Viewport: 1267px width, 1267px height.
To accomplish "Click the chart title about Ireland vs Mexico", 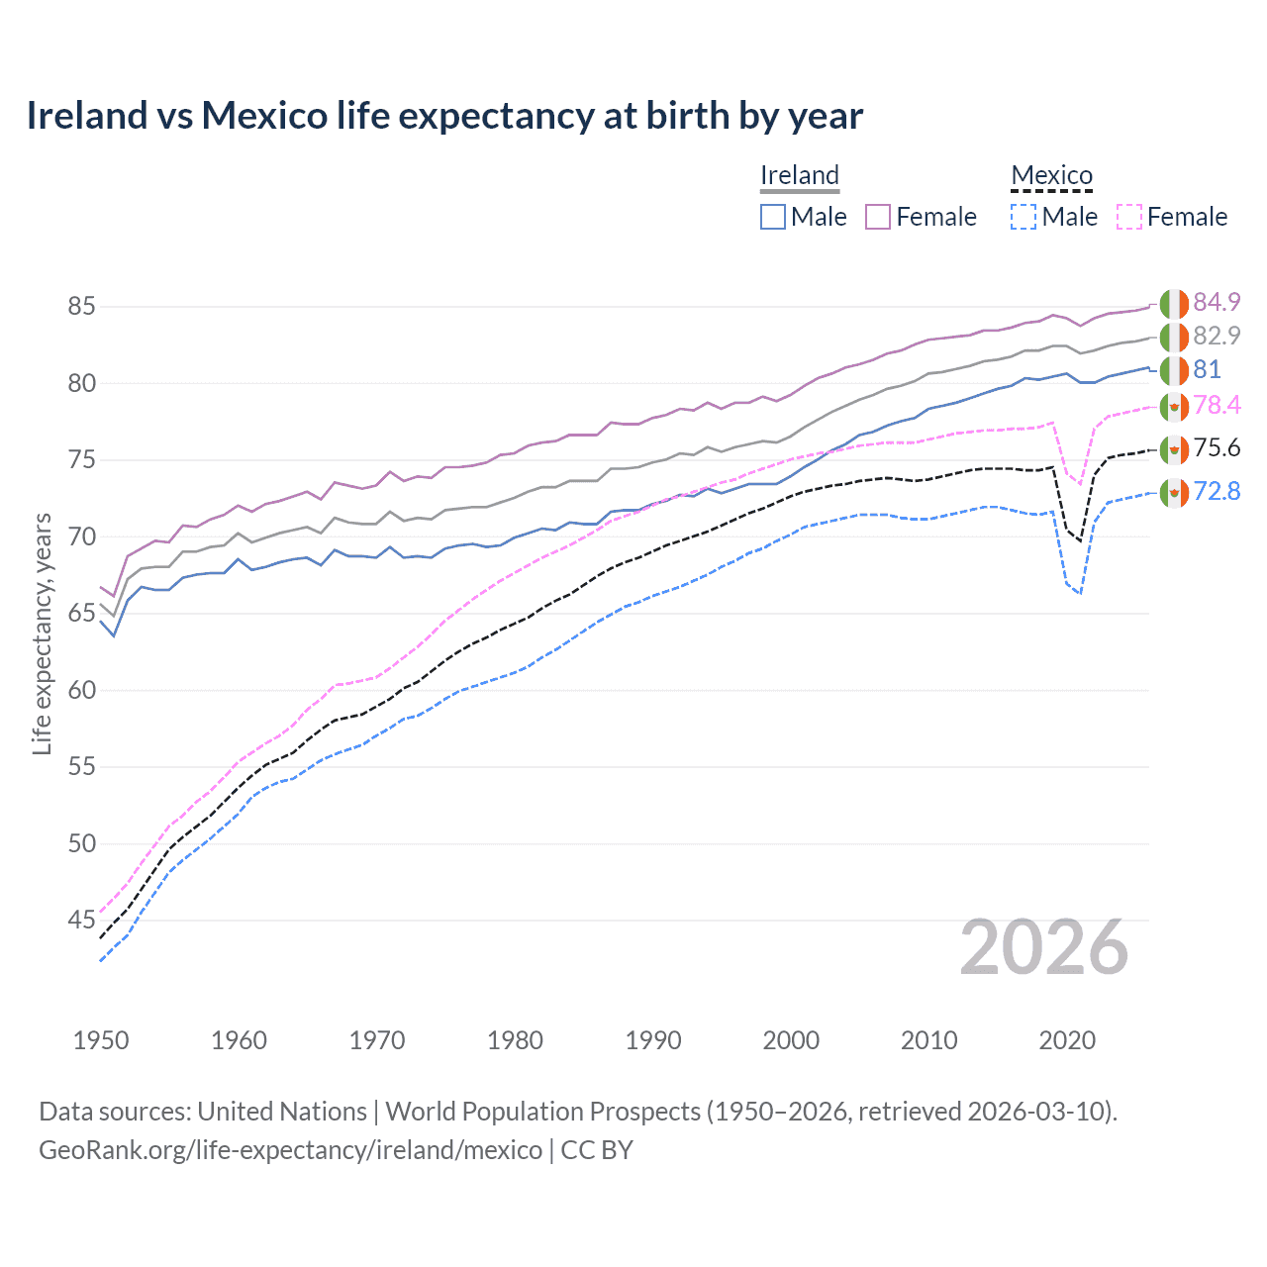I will click(x=444, y=116).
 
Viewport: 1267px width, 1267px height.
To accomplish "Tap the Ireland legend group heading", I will click(x=800, y=175).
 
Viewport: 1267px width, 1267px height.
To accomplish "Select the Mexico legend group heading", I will click(x=1051, y=175).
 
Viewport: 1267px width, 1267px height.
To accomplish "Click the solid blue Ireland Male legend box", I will click(x=773, y=217).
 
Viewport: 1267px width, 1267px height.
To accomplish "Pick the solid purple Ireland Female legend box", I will click(x=878, y=217).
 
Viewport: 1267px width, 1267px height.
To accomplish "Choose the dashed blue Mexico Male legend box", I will click(x=1023, y=217).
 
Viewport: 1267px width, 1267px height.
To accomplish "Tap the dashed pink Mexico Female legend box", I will click(x=1129, y=217).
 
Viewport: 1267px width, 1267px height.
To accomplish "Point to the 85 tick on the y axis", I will click(x=81, y=307).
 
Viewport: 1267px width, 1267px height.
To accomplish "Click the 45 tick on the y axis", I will click(x=81, y=921).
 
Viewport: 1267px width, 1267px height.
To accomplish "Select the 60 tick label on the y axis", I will click(x=81, y=690).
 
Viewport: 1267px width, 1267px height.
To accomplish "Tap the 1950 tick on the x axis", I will click(x=101, y=1040).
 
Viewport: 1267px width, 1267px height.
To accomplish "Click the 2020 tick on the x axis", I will click(x=1067, y=1040).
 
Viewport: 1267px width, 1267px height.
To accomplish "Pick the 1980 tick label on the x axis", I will click(x=515, y=1040).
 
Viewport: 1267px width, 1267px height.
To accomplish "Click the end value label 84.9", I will click(x=1217, y=302).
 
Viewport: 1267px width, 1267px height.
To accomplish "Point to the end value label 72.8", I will click(x=1217, y=491).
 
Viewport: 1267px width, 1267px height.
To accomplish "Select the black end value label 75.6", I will click(x=1217, y=447).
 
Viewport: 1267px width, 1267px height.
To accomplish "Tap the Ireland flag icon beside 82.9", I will click(x=1174, y=337).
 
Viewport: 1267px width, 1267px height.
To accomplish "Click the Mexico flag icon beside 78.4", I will click(x=1174, y=406).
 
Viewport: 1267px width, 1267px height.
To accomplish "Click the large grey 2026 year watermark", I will click(x=1044, y=947).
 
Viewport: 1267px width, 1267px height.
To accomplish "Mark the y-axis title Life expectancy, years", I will click(x=42, y=633).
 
